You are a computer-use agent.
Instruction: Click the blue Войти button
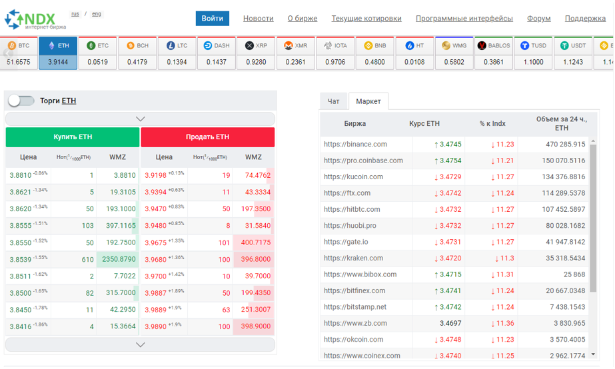click(212, 19)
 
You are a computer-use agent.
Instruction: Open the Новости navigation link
click(258, 19)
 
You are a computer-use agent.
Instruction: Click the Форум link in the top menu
click(538, 19)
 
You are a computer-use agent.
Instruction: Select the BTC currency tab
click(19, 53)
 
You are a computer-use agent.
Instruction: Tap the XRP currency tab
click(256, 53)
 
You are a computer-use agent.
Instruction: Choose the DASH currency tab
click(216, 53)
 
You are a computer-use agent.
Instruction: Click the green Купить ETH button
click(73, 137)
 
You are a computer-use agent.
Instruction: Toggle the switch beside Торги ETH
click(21, 101)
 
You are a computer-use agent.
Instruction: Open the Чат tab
click(333, 101)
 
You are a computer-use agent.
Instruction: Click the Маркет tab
click(368, 101)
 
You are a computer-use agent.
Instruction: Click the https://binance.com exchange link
click(355, 145)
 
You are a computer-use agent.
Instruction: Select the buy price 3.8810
click(21, 175)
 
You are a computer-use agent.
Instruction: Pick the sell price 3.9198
click(155, 175)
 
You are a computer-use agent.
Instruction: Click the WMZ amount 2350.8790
click(119, 259)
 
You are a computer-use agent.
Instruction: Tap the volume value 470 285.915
click(565, 145)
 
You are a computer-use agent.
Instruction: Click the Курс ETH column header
click(424, 123)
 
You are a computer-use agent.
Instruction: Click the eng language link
click(97, 14)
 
